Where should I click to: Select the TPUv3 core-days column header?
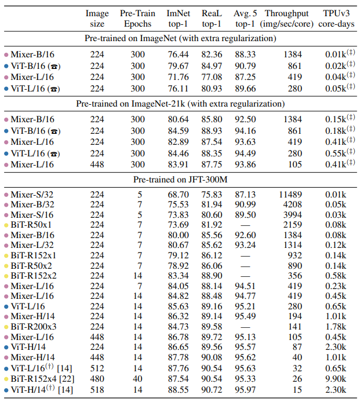coord(334,18)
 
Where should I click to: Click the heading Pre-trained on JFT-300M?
coord(180,180)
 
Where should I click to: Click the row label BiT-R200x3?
coord(34,326)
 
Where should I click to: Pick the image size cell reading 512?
coord(97,368)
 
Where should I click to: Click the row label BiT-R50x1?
coord(31,225)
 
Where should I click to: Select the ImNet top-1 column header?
coord(178,18)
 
